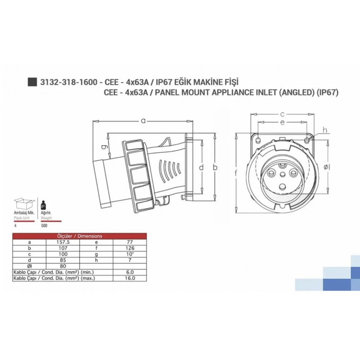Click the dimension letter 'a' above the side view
coord(143,120)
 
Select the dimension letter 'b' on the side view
coord(215,167)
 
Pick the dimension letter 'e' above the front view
coord(282,122)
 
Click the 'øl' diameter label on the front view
coord(327,167)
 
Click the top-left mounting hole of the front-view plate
coord(258,141)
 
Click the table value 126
coord(131,247)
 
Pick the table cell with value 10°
coord(131,253)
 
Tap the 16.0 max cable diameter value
coord(131,278)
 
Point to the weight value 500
coord(44,225)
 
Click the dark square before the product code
coord(32,82)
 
